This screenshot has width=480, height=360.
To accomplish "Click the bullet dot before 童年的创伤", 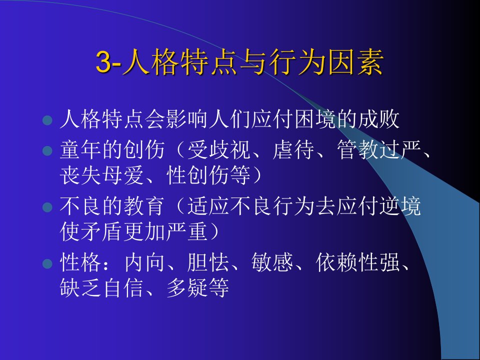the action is tap(47, 150).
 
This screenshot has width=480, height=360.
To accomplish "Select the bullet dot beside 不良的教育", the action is tap(47, 207).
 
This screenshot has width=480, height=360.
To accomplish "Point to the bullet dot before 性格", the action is tap(47, 263).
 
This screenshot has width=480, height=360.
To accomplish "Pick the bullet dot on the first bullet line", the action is tap(47, 120).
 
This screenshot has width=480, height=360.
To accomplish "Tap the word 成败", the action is tap(378, 119).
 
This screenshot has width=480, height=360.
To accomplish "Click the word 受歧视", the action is tap(219, 149).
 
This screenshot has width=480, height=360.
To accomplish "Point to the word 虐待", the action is tap(293, 149).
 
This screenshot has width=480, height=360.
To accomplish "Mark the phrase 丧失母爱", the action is tap(101, 175).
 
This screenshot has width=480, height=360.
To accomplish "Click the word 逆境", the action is tap(400, 206).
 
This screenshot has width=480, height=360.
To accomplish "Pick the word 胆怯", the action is tap(208, 262).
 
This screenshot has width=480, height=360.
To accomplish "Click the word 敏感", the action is tap(272, 262).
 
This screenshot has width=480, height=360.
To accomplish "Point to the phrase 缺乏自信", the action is tap(101, 288).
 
